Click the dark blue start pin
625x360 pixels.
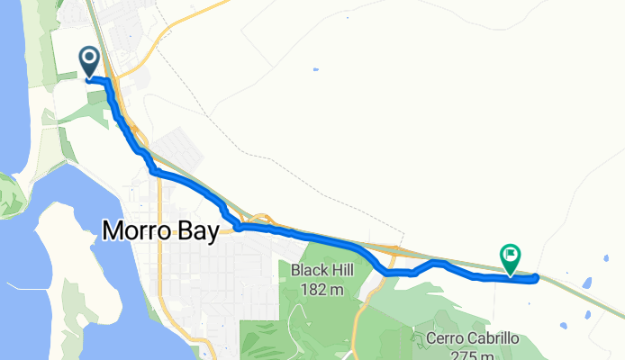90,61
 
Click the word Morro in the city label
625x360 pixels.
137,231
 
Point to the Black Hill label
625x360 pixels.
322,270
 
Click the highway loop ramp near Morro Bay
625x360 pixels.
261,219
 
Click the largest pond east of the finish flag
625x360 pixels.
586,283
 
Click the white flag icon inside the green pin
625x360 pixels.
511,256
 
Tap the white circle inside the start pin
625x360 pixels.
90,58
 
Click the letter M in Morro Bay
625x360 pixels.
113,231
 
